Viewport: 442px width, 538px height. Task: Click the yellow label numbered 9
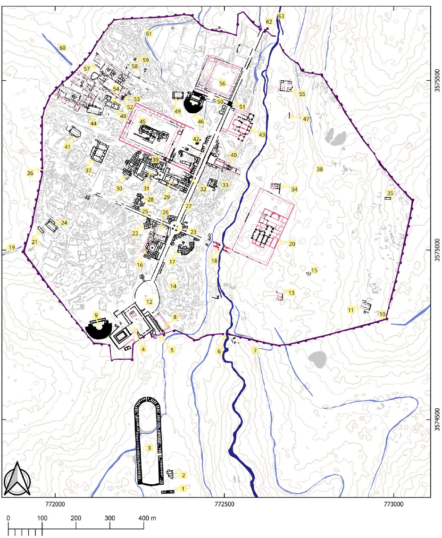tap(96, 315)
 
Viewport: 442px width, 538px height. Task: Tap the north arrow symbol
tap(17, 478)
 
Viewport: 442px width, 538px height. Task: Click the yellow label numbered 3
tap(149, 447)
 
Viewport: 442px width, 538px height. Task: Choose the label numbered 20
tap(292, 244)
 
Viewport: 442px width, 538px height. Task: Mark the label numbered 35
tap(390, 193)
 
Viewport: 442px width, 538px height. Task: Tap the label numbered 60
tap(62, 48)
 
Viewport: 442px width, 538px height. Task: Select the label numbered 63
tap(282, 16)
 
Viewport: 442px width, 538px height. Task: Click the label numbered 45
tap(142, 121)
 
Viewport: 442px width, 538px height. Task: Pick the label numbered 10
tap(382, 314)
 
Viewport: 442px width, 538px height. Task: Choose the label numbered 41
tap(67, 147)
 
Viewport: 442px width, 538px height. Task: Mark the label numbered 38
tap(320, 169)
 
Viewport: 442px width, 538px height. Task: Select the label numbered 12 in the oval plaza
tap(149, 302)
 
